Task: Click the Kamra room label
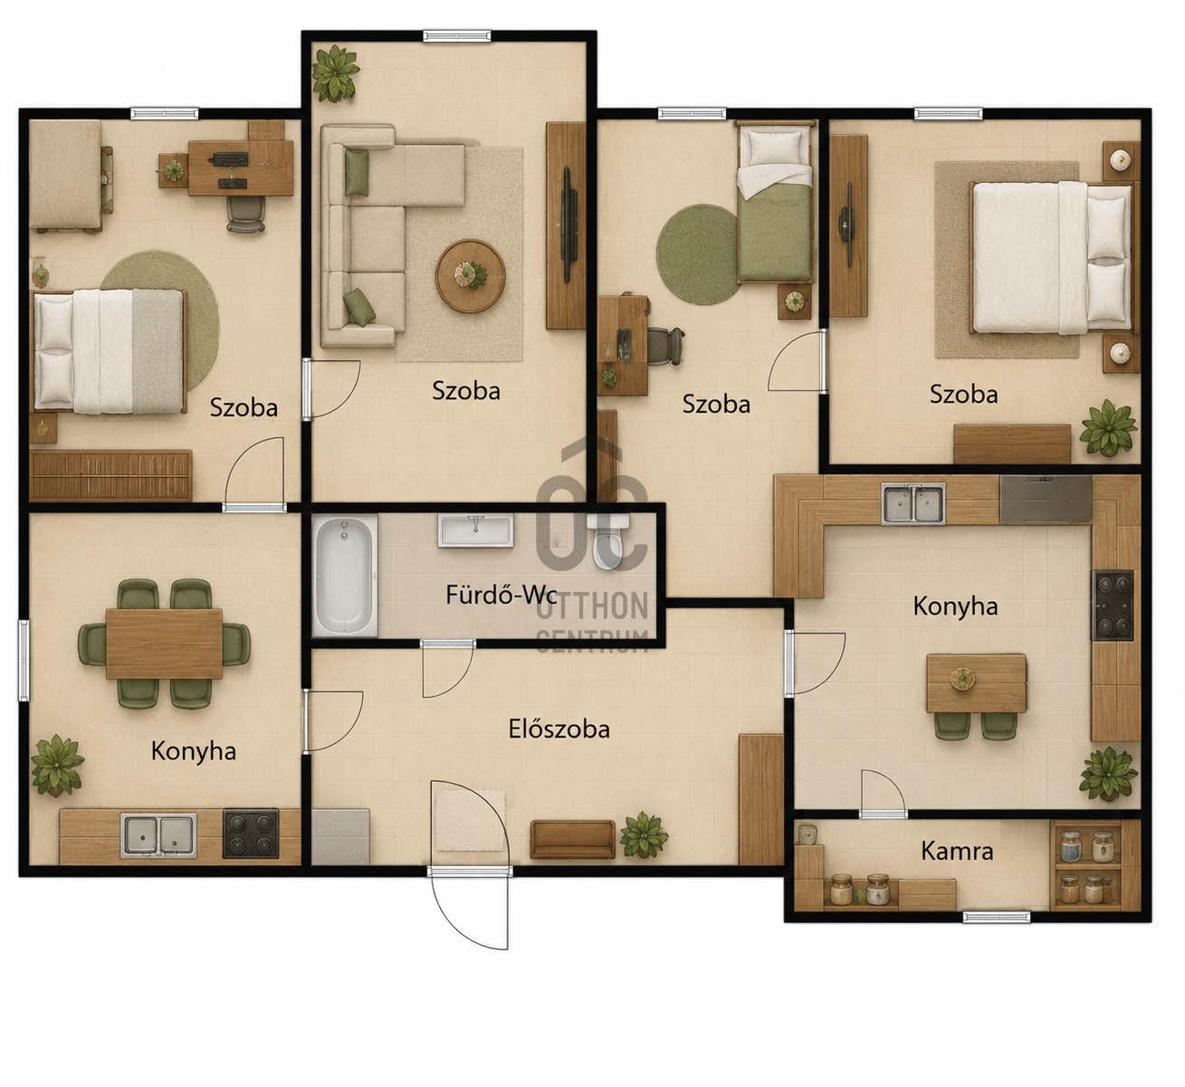(x=957, y=852)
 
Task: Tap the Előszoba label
(x=559, y=729)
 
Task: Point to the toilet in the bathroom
(x=608, y=540)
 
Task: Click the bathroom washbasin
(x=475, y=530)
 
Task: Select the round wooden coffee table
(x=470, y=276)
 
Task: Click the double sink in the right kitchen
(x=913, y=503)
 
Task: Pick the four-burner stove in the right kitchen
(x=1113, y=605)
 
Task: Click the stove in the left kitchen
(x=251, y=834)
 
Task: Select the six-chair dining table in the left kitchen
(x=164, y=644)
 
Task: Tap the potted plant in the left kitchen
(x=57, y=767)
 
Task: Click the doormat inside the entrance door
(x=470, y=821)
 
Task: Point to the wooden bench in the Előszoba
(x=572, y=840)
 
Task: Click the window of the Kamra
(x=997, y=917)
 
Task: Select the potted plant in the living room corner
(x=335, y=73)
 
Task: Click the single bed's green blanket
(x=774, y=233)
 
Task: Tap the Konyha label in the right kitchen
(x=955, y=606)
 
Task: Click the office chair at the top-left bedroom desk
(x=245, y=214)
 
